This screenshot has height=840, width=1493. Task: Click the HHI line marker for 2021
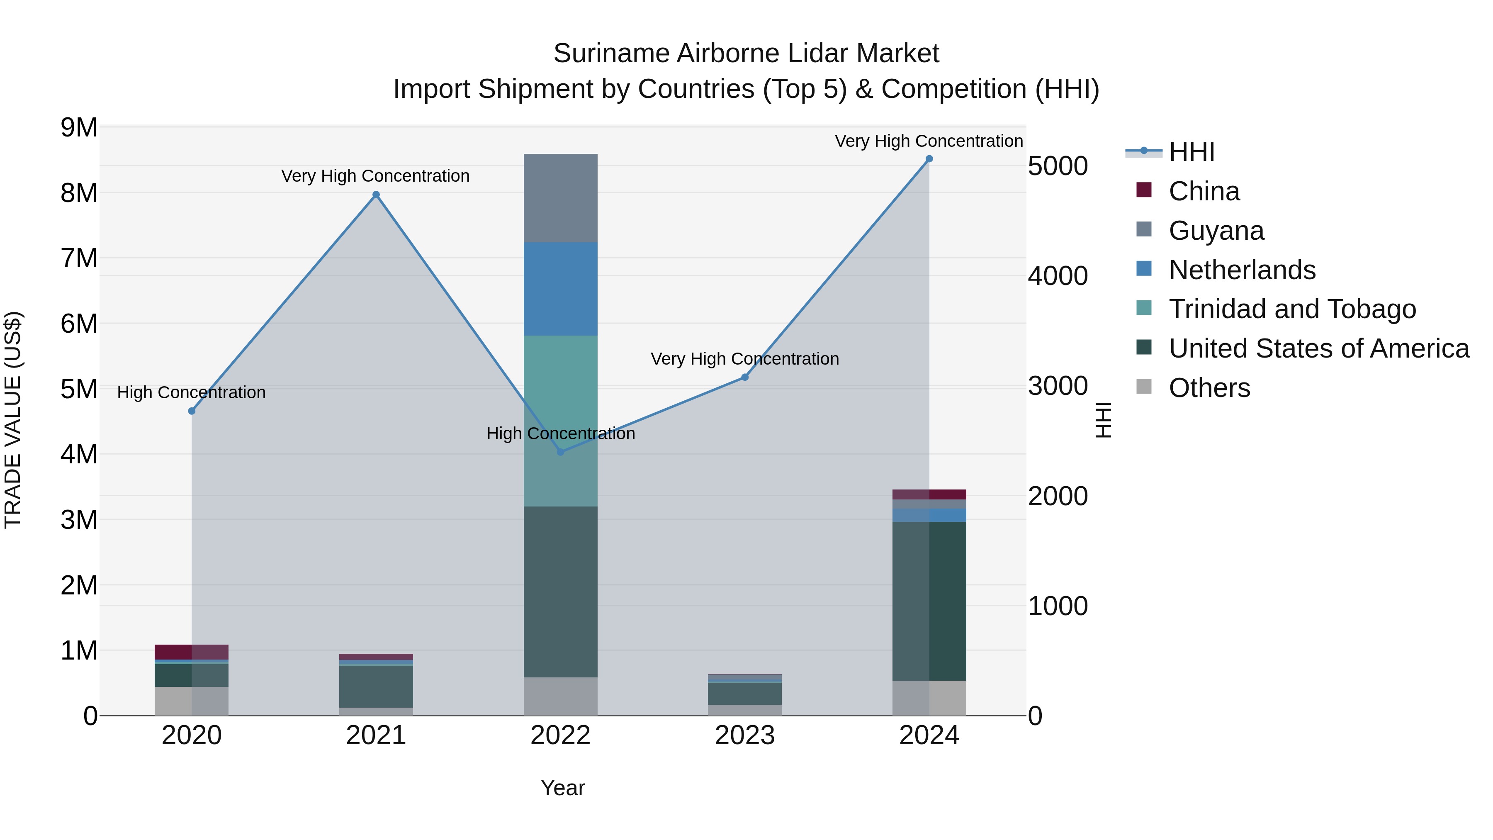click(376, 195)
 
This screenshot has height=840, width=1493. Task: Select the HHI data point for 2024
click(929, 159)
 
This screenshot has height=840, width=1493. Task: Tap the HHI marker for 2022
click(560, 452)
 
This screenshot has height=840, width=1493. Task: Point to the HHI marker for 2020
click(192, 411)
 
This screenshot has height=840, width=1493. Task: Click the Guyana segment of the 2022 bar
click(560, 198)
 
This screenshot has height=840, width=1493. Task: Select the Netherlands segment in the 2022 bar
click(560, 289)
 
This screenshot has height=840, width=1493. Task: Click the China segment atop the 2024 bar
click(929, 494)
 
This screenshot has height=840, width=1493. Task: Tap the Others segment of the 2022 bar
click(560, 696)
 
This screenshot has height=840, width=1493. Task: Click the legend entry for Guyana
click(1216, 231)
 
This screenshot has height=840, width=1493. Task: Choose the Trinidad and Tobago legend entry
click(1292, 309)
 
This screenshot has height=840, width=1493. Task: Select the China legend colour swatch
click(1144, 190)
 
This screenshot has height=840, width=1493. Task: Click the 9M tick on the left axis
click(79, 127)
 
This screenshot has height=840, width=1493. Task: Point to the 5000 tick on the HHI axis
click(1058, 166)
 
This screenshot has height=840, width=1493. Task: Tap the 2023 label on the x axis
click(745, 735)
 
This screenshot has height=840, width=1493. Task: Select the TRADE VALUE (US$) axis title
click(13, 420)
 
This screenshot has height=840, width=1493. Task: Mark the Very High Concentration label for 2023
click(745, 359)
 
